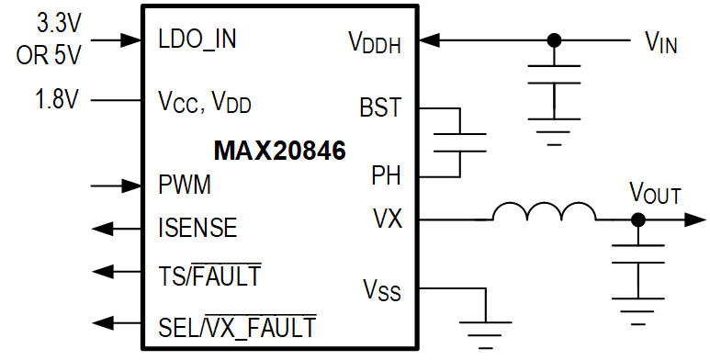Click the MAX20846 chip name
(279, 151)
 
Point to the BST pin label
(380, 107)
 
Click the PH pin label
(386, 174)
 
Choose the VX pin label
(387, 219)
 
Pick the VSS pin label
(381, 292)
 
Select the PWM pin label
(185, 185)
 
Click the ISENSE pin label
(197, 227)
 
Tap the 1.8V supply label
(58, 98)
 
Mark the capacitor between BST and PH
(458, 141)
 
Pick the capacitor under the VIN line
(554, 79)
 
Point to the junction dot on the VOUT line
(637, 220)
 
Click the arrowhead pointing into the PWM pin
(131, 186)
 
